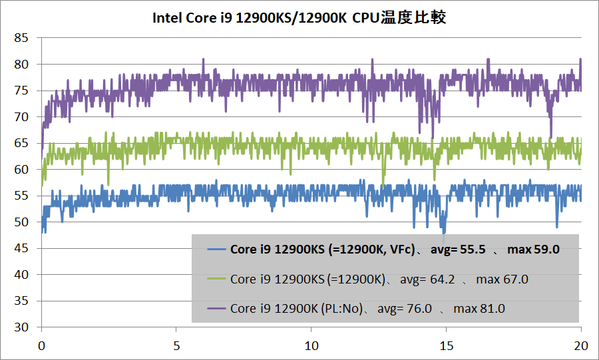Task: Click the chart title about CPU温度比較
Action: click(299, 17)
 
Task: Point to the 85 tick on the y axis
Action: click(21, 38)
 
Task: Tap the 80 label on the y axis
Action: click(21, 65)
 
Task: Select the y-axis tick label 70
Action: click(21, 117)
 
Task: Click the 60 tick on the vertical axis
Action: click(21, 170)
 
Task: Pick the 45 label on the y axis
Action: click(21, 248)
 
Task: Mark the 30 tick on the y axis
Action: click(21, 327)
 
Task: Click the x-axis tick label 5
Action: click(176, 346)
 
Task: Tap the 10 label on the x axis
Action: click(311, 346)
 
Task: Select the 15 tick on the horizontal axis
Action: click(446, 346)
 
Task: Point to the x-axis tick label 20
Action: click(581, 346)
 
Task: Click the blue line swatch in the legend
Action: click(216, 250)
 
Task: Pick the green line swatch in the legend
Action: click(216, 279)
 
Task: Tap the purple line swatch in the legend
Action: click(216, 309)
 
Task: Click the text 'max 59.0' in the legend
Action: click(532, 250)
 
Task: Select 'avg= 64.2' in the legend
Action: click(427, 279)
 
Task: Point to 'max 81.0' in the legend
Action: click(479, 309)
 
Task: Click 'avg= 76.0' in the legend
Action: click(405, 309)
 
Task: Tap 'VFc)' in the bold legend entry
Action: click(401, 250)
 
